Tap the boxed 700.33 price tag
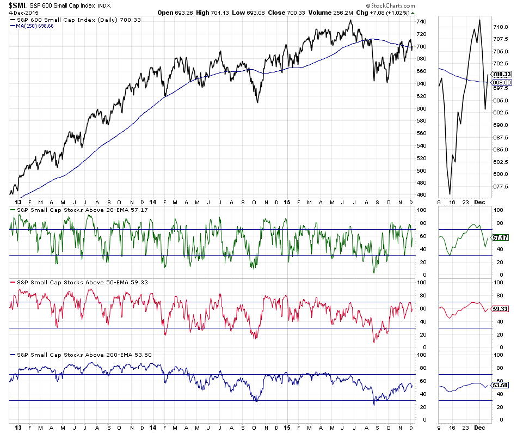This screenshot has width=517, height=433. coord(500,74)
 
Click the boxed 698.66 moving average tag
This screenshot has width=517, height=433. coord(500,82)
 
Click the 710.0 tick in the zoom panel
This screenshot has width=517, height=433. coord(501,27)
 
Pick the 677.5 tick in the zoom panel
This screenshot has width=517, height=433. coord(501,186)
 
